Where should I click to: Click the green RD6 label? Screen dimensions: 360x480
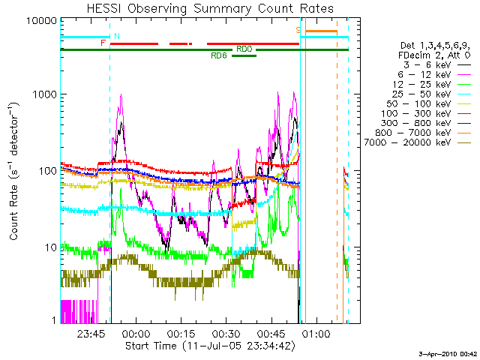[x=219, y=55]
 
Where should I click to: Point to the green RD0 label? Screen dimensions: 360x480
[x=244, y=49]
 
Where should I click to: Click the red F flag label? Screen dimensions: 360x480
[x=103, y=43]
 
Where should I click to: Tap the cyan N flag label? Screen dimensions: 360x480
[x=116, y=36]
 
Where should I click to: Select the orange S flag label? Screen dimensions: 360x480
[x=298, y=30]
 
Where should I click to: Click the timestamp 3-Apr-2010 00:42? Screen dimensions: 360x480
[x=446, y=352]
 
